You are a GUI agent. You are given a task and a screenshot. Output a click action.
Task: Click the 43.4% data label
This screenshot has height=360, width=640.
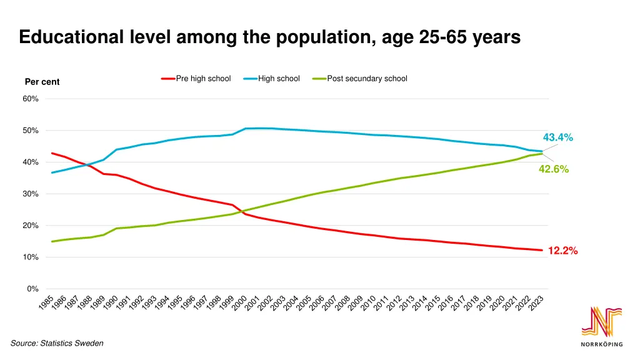click(557, 137)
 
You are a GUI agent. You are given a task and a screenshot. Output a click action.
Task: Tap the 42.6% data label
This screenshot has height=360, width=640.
click(554, 169)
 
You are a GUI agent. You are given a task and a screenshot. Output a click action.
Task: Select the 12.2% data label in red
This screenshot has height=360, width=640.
click(562, 251)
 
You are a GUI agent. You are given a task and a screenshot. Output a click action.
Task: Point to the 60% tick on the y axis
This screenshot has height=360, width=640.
click(31, 99)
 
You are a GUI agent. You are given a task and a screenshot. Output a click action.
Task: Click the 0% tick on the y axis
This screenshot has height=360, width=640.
click(33, 289)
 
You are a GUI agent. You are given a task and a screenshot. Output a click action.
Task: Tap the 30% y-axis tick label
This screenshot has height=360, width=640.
click(31, 194)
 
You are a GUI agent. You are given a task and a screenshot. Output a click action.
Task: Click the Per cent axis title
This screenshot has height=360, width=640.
click(42, 82)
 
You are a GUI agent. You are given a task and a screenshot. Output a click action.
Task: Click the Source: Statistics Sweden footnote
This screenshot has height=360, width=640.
click(57, 343)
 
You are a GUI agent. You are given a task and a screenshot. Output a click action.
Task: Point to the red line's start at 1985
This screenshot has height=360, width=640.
click(52, 152)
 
